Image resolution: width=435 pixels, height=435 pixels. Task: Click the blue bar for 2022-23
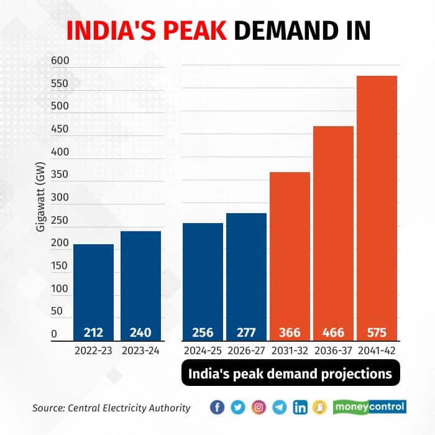click(x=93, y=292)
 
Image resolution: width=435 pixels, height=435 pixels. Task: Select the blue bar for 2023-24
click(x=140, y=286)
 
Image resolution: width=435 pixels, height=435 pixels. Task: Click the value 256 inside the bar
click(x=203, y=332)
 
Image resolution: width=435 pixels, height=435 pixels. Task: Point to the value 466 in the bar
click(x=333, y=332)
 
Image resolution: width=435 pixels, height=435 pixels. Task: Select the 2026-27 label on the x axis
click(x=246, y=350)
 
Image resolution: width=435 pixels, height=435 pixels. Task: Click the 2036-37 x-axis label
click(x=333, y=350)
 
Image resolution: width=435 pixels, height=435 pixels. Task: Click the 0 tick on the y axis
click(x=54, y=334)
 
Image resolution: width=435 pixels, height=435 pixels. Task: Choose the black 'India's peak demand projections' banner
click(x=290, y=374)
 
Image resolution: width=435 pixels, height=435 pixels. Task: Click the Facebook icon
click(x=217, y=408)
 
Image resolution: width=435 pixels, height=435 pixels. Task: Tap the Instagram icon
click(x=260, y=408)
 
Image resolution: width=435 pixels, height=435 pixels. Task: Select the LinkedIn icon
click(x=301, y=408)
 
